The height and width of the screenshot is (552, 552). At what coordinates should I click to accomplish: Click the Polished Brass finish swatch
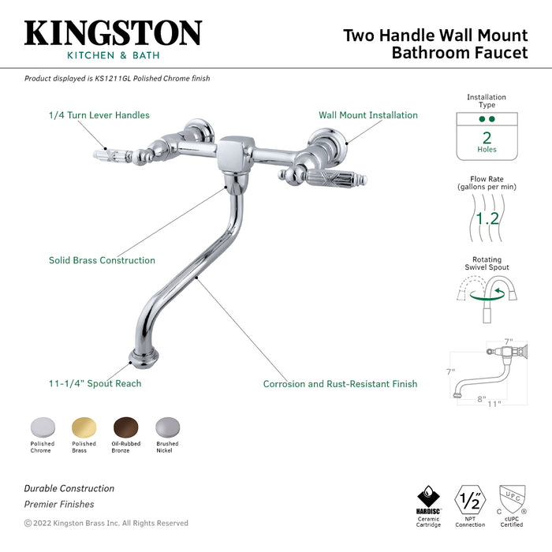(x=84, y=427)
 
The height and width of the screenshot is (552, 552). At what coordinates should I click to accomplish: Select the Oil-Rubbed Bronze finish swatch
(x=125, y=427)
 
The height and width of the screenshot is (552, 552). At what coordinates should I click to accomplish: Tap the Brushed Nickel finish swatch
(x=167, y=427)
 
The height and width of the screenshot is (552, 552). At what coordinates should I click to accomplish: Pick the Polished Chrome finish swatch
(x=42, y=427)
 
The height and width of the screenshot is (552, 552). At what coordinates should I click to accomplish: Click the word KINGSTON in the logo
(x=113, y=33)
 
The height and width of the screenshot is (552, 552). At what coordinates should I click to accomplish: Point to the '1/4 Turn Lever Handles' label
(x=99, y=115)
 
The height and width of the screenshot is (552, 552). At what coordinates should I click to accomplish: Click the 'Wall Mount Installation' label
(x=368, y=115)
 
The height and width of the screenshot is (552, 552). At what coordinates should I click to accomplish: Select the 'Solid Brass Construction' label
(x=102, y=260)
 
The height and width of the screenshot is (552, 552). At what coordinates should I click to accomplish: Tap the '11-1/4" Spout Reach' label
(x=95, y=384)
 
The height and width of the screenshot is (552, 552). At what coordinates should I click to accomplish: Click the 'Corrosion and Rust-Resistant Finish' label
(x=340, y=384)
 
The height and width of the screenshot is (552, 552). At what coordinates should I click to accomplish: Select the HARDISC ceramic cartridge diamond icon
(x=428, y=498)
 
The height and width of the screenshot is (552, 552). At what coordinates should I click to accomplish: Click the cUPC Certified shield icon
(x=512, y=498)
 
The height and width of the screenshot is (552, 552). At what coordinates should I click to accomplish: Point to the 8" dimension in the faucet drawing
(x=481, y=398)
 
